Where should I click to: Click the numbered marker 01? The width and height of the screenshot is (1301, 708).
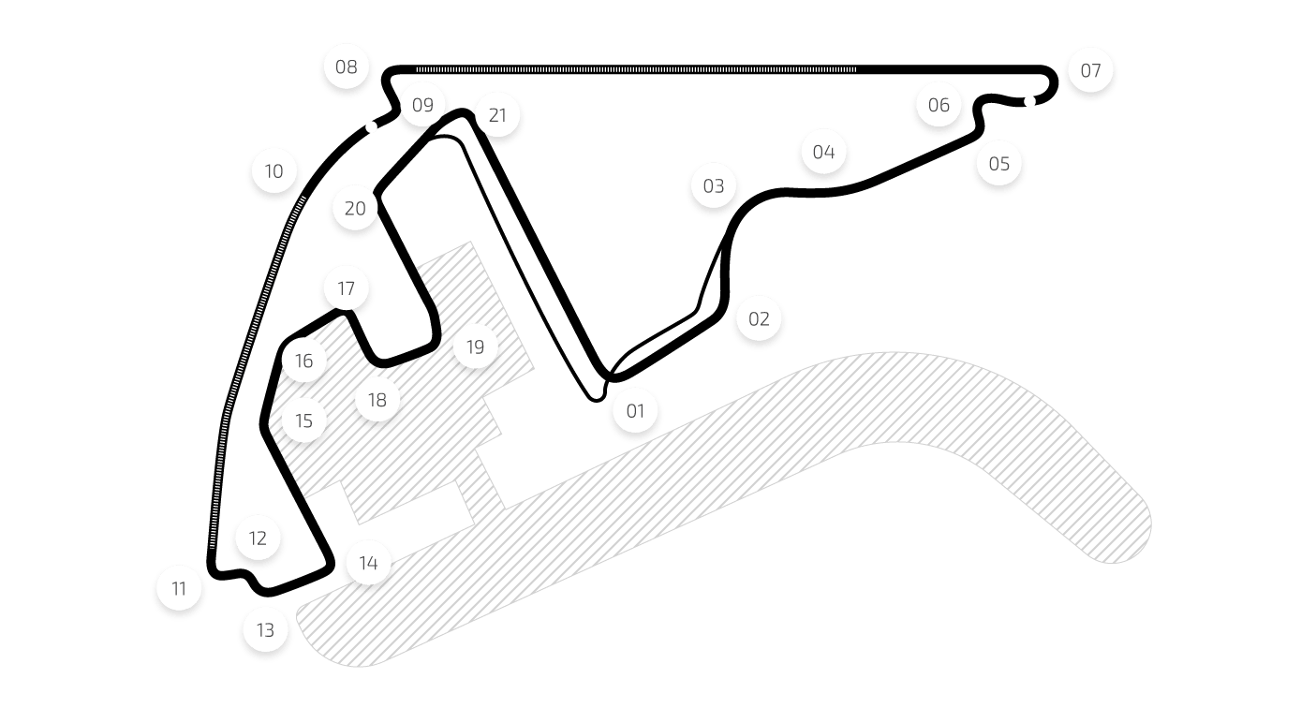635,410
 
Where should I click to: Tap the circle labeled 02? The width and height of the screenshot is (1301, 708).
759,318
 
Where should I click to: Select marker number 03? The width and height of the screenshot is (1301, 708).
714,185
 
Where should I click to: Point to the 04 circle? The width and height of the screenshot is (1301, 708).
823,152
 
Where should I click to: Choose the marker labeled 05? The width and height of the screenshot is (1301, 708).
999,164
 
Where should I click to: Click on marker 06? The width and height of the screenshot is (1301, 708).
939,105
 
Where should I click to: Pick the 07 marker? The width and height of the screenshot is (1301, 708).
1090,70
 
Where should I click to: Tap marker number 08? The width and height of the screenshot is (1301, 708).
346,66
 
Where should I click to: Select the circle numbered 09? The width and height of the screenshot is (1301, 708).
422,105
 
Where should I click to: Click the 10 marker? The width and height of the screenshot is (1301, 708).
274,171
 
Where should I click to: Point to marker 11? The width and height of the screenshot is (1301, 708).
179,588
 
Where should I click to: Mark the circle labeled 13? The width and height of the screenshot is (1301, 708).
265,630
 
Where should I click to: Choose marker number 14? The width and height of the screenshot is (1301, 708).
368,563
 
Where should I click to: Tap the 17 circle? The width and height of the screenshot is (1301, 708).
346,288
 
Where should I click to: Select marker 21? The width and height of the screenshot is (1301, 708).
497,115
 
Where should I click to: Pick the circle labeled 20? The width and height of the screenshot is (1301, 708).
355,208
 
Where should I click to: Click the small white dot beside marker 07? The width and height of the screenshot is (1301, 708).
1030,101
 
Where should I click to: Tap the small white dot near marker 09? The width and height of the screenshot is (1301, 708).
372,126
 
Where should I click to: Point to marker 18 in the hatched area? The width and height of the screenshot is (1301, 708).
377,401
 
